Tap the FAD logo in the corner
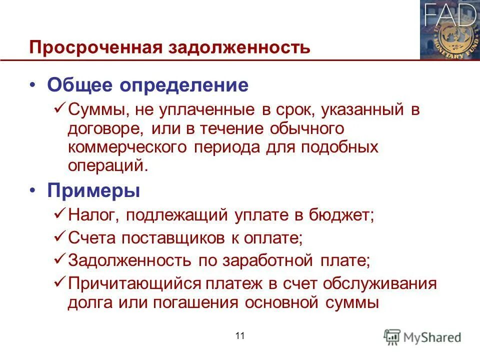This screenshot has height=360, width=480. coord(449,30)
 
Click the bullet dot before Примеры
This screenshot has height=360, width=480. coord(33,190)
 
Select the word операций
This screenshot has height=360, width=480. coord(108,165)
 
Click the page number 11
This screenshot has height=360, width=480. coord(239,336)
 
